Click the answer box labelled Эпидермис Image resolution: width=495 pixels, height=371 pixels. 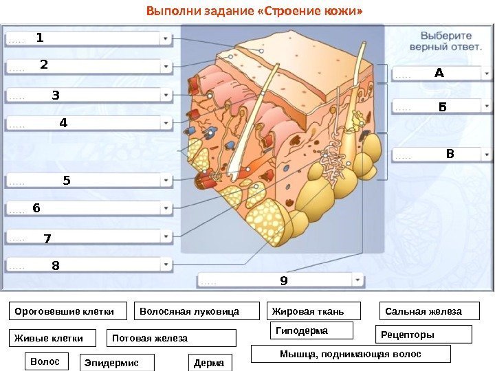[117, 363]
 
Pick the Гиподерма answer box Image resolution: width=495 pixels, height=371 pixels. [311, 330]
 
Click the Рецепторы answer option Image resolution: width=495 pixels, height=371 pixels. [426, 335]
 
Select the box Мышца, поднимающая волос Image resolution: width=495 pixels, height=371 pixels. [351, 354]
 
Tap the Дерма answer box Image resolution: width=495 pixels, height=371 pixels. [210, 363]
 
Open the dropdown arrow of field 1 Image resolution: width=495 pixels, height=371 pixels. [166, 39]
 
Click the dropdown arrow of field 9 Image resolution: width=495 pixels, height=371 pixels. [358, 280]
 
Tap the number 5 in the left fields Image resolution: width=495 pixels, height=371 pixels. [67, 181]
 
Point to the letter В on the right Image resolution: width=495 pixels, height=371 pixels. [450, 153]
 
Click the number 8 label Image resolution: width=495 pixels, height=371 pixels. [56, 265]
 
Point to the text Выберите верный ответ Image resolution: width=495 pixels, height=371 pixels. [445, 42]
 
